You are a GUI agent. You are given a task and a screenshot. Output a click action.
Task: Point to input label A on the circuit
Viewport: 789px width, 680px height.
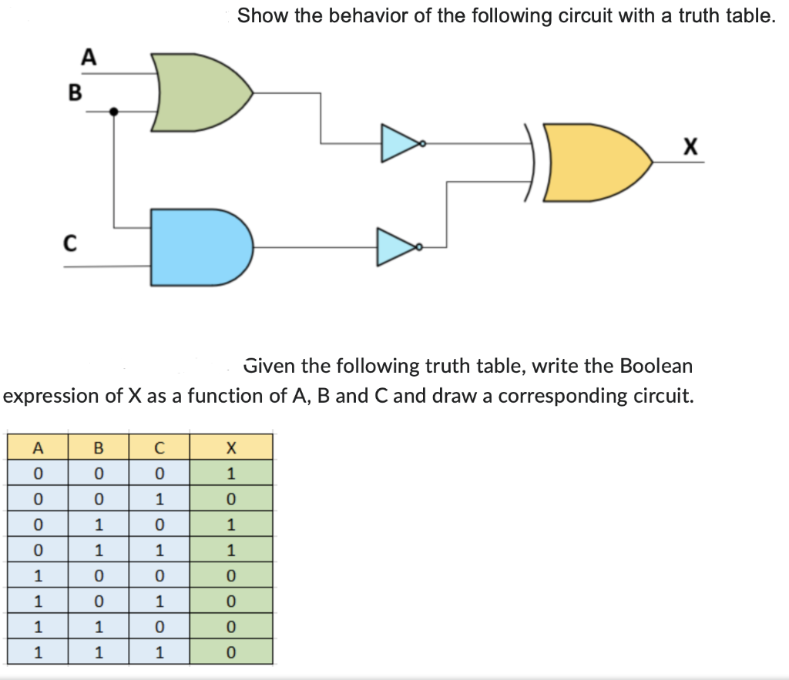pyautogui.click(x=89, y=57)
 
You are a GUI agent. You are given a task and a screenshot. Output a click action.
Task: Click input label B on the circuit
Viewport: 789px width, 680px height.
pyautogui.click(x=74, y=92)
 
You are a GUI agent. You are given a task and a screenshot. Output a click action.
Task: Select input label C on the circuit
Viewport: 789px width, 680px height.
pyautogui.click(x=69, y=244)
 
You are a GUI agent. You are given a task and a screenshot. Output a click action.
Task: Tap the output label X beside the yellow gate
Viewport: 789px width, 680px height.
pyautogui.click(x=690, y=146)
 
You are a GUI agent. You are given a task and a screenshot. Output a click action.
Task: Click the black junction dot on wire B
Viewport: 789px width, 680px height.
pyautogui.click(x=114, y=112)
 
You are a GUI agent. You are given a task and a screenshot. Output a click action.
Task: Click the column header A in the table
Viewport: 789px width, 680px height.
pyautogui.click(x=37, y=447)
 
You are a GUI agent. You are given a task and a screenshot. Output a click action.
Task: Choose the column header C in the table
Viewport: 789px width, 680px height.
pyautogui.click(x=158, y=447)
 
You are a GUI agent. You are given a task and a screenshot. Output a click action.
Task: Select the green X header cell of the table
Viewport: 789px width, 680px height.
pyautogui.click(x=230, y=447)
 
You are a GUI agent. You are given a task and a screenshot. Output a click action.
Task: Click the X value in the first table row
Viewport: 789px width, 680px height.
pyautogui.click(x=230, y=473)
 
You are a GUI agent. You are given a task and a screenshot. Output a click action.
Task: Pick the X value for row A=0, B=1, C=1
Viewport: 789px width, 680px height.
pyautogui.click(x=230, y=550)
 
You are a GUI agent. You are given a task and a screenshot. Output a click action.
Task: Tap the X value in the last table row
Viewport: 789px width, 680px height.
pyautogui.click(x=230, y=653)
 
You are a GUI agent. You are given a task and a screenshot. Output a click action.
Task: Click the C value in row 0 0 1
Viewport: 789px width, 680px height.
pyautogui.click(x=158, y=498)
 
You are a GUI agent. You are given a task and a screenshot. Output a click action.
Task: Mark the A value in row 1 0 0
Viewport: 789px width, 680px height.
pyautogui.click(x=37, y=576)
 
